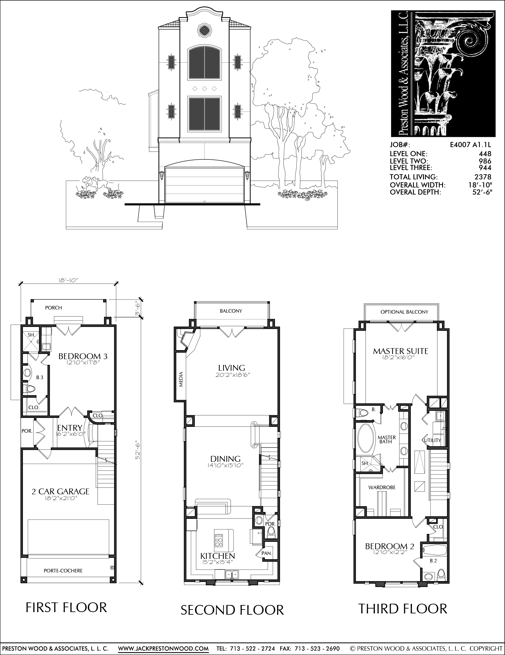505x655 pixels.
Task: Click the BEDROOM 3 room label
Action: (x=83, y=356)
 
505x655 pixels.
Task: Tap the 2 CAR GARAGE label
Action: (x=60, y=491)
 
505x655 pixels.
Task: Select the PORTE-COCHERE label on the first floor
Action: (x=63, y=571)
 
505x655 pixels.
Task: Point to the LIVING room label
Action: (x=232, y=368)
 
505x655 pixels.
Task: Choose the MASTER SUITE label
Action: (x=400, y=351)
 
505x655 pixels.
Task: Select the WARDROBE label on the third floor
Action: (x=382, y=488)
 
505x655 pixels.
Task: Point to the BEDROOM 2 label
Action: (x=390, y=546)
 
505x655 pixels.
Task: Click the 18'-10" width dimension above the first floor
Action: (x=68, y=281)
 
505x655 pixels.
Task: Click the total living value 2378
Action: (x=483, y=177)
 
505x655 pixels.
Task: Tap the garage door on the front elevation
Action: (x=205, y=185)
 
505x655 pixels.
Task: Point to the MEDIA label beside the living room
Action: (x=181, y=380)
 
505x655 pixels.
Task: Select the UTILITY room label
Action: (x=432, y=440)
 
